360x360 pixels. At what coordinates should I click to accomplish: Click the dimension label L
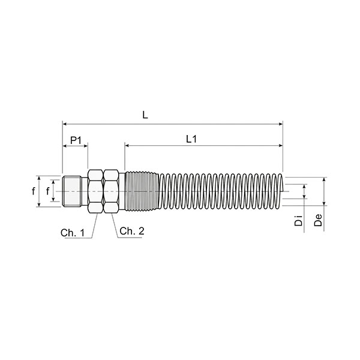(x=145, y=115)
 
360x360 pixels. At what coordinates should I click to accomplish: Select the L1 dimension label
(x=191, y=139)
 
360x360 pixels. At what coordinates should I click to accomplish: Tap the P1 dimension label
(x=76, y=140)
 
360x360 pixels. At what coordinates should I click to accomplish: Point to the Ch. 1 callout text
(x=73, y=233)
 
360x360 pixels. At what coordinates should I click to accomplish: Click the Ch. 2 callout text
(x=132, y=231)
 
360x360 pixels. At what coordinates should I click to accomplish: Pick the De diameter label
(x=318, y=220)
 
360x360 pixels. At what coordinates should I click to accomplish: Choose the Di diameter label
(x=298, y=220)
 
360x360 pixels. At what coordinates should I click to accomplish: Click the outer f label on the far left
(x=34, y=191)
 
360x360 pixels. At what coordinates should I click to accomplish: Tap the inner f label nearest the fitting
(x=48, y=191)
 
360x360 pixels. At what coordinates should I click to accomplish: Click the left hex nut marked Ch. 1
(x=95, y=191)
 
